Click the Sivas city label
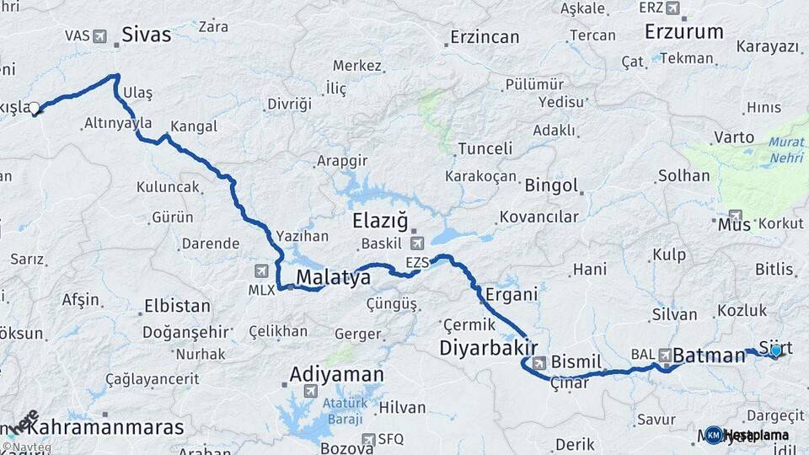pyautogui.click(x=147, y=35)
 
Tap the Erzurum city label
pyautogui.click(x=683, y=32)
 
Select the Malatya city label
pyautogui.click(x=333, y=277)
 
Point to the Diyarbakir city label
pyautogui.click(x=488, y=348)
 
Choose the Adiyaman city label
pyautogui.click(x=336, y=374)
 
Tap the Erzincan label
pyautogui.click(x=485, y=37)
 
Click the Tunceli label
pyautogui.click(x=485, y=149)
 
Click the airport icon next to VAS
pyautogui.click(x=101, y=36)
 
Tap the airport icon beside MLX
pyautogui.click(x=261, y=271)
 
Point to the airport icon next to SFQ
pyautogui.click(x=368, y=439)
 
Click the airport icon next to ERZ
pyautogui.click(x=672, y=8)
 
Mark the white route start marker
pyautogui.click(x=35, y=108)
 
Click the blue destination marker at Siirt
pyautogui.click(x=776, y=350)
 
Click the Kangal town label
pyautogui.click(x=194, y=126)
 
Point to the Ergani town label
pyautogui.click(x=512, y=294)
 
